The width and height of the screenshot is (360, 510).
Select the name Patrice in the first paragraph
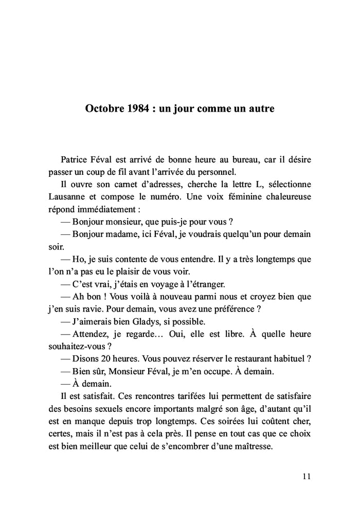(x=76, y=160)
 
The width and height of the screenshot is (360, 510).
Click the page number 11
(x=307, y=476)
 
